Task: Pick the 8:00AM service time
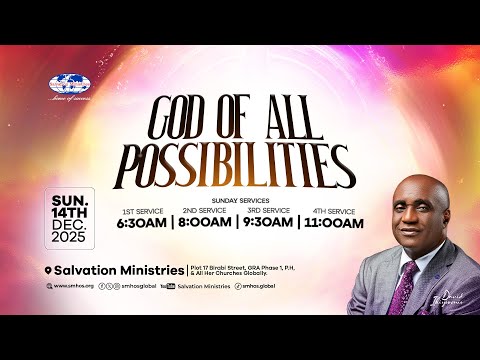(204, 223)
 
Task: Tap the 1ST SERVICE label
(144, 211)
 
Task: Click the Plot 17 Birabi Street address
(230, 267)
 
